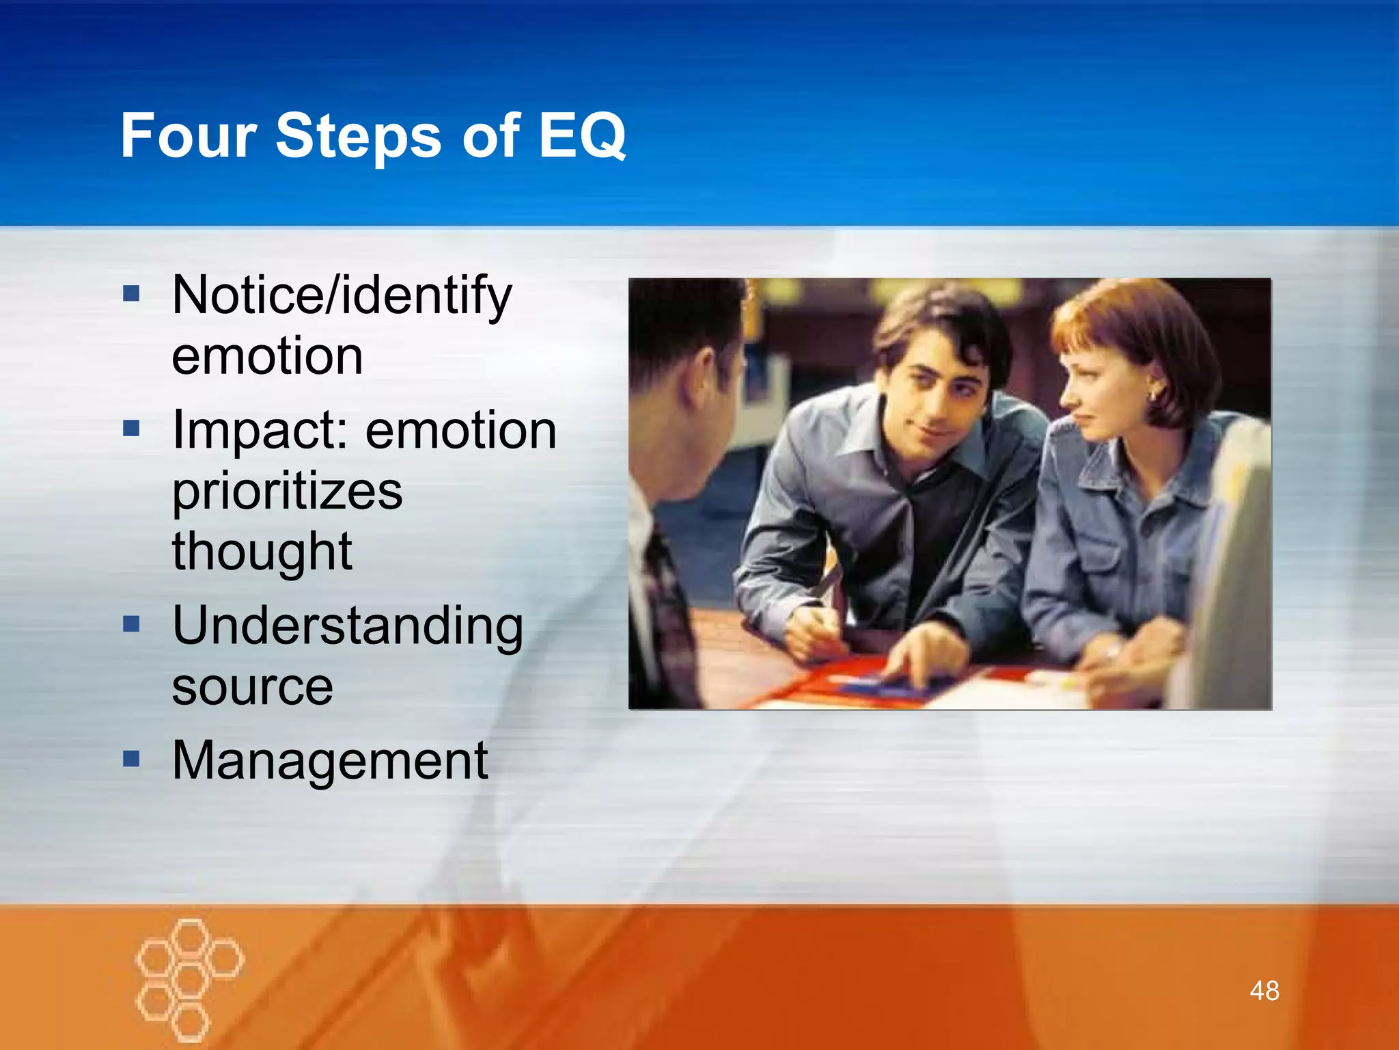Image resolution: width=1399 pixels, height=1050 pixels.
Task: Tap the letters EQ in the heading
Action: [x=581, y=136]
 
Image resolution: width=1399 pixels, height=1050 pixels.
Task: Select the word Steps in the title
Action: [x=358, y=136]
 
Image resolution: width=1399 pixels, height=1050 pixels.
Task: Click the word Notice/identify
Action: [x=342, y=296]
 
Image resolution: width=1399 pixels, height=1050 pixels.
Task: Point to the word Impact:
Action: [x=262, y=430]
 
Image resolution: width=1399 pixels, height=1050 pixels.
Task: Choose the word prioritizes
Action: [x=287, y=491]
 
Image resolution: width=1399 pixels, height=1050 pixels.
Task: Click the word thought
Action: [x=262, y=551]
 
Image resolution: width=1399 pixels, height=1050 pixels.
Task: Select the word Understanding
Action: [x=348, y=625]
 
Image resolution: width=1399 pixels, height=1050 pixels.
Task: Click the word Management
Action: [x=330, y=759]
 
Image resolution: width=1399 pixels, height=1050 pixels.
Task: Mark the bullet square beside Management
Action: [x=131, y=758]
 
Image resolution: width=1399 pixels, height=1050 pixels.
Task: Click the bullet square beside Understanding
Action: [x=131, y=623]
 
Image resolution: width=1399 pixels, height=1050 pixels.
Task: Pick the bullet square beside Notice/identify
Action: [x=131, y=294]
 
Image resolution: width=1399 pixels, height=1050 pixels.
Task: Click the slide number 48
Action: [x=1264, y=991]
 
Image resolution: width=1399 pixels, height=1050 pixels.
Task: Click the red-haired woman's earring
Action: [x=1154, y=395]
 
